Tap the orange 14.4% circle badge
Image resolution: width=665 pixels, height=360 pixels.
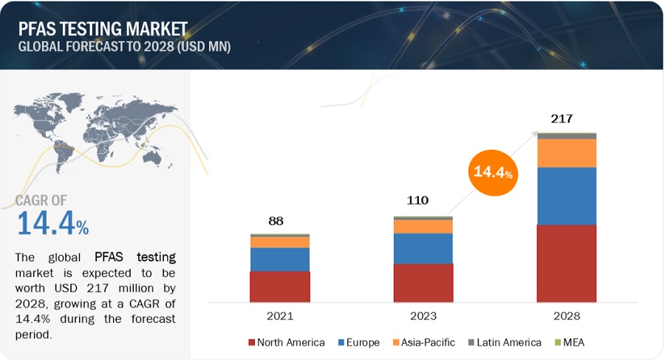(491, 172)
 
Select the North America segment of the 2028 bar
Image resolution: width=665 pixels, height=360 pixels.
(566, 263)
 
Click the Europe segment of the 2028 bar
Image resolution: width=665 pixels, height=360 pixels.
(566, 196)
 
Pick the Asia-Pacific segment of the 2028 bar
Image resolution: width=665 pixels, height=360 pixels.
(566, 153)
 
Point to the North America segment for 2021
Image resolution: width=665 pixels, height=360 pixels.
(279, 286)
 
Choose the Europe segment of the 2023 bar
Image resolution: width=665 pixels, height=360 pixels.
(423, 248)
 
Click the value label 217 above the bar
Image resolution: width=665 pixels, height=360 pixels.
(561, 118)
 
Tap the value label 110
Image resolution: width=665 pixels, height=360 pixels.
(417, 200)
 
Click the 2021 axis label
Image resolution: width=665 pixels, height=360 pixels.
(279, 316)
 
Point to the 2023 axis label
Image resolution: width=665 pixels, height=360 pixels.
(423, 316)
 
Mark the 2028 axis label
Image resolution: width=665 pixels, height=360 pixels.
(566, 316)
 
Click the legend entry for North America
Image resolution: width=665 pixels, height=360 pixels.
(287, 342)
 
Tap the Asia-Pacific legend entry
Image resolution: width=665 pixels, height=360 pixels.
(423, 342)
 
